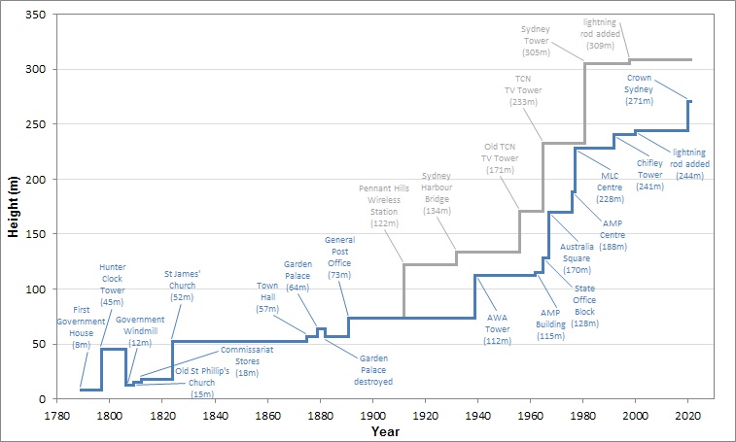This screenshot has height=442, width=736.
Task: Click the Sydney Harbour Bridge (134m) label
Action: click(x=438, y=192)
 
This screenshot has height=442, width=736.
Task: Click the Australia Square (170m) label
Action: click(x=578, y=257)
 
